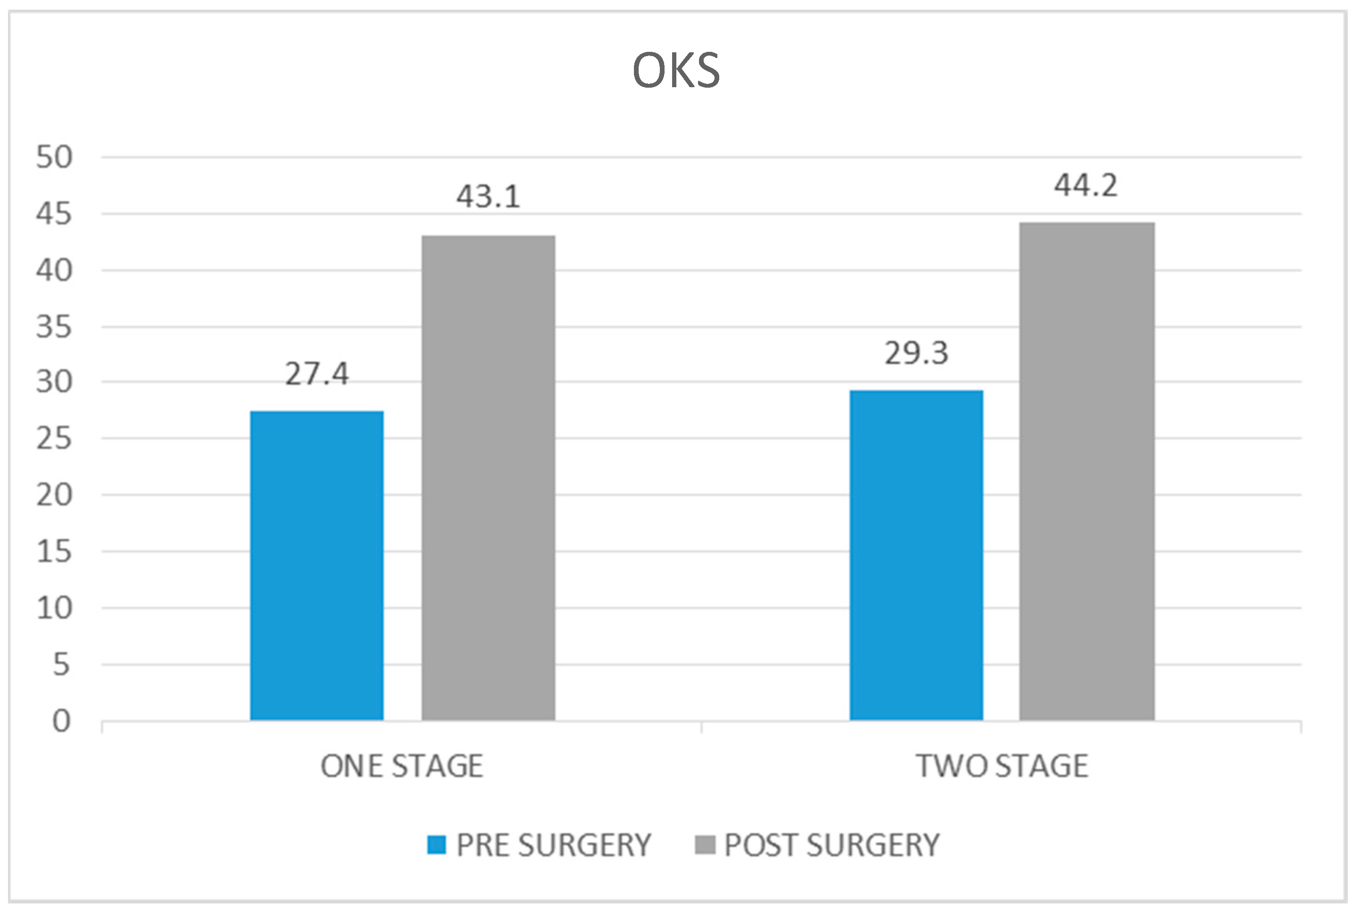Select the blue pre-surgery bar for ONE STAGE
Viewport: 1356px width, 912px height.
(317, 566)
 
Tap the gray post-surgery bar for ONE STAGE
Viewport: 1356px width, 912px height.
(488, 478)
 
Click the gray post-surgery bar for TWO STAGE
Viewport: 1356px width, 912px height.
(1087, 471)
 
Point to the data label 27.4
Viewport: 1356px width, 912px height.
(317, 374)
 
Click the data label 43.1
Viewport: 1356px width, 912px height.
(488, 197)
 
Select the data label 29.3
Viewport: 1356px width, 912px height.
(916, 353)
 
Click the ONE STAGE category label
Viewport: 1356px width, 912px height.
(402, 766)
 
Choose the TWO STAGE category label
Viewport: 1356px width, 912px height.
(1002, 766)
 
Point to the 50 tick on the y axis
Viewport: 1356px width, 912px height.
(54, 157)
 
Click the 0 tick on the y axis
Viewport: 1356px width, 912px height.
(61, 721)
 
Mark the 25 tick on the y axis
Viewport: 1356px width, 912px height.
(54, 439)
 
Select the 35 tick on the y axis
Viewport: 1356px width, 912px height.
(54, 327)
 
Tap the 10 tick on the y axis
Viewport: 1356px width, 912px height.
(54, 608)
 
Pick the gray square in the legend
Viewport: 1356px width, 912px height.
(705, 845)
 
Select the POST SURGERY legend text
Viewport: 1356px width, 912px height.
(831, 845)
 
